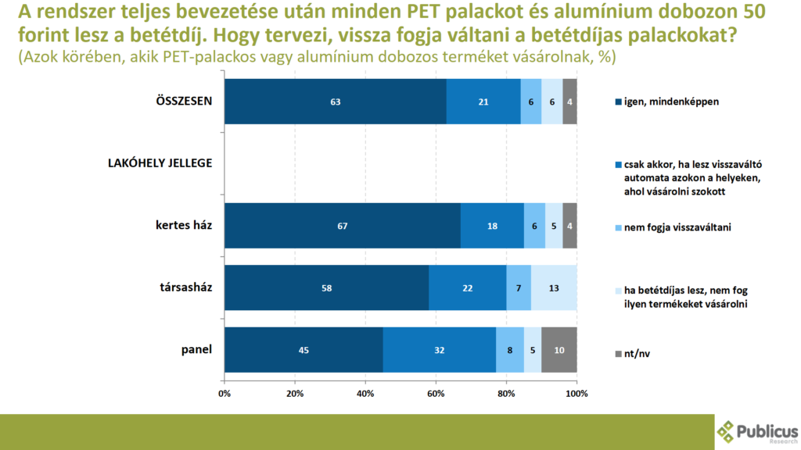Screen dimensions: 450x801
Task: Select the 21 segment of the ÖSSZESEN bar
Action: pyautogui.click(x=483, y=102)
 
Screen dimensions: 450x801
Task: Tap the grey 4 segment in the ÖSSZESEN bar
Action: pyautogui.click(x=569, y=102)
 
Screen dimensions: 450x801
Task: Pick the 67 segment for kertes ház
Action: pyautogui.click(x=342, y=226)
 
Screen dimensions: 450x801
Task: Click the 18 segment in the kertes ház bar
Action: pyautogui.click(x=492, y=226)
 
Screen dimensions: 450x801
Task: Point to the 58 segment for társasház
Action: pyautogui.click(x=326, y=287)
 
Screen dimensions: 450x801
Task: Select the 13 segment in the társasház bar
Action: pyautogui.click(x=554, y=287)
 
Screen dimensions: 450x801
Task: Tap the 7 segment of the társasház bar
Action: pyautogui.click(x=519, y=287)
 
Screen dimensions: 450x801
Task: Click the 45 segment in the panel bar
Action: pyautogui.click(x=304, y=349)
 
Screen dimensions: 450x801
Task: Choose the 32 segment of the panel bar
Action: pyautogui.click(x=439, y=349)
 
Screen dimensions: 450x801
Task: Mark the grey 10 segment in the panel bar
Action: pyautogui.click(x=559, y=349)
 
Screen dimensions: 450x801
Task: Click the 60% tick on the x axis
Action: pyautogui.click(x=436, y=392)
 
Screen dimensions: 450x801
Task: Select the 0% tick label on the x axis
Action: pyautogui.click(x=224, y=392)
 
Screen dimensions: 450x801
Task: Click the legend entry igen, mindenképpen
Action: pyautogui.click(x=670, y=102)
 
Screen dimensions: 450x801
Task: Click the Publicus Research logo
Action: pyautogui.click(x=757, y=431)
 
